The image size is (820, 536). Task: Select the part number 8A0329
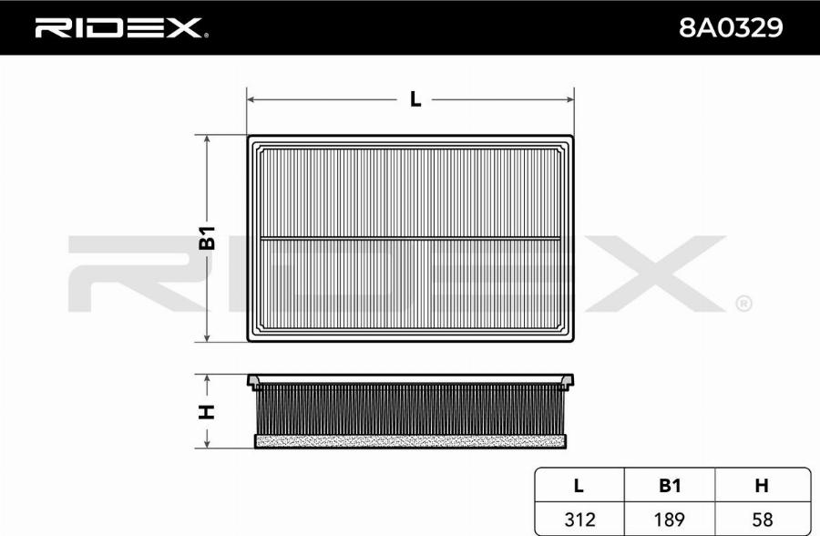coord(731,27)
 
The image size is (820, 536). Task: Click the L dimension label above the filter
coord(415,99)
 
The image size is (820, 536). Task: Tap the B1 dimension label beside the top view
coord(208,238)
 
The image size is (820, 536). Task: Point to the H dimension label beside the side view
coord(208,412)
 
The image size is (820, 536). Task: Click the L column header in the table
coord(579,486)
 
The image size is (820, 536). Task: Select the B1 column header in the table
coord(670,486)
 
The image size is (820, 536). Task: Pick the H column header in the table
coord(762,486)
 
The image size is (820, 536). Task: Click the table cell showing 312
coord(580,520)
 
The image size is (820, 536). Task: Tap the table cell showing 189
coord(670,520)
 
